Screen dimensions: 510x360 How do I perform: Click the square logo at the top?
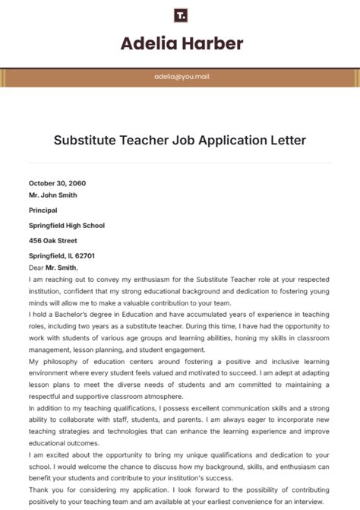pyautogui.click(x=180, y=15)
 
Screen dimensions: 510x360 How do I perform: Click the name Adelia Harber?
pyautogui.click(x=181, y=43)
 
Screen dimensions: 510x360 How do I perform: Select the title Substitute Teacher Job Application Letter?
pyautogui.click(x=180, y=140)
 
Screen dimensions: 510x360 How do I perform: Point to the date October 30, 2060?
pyautogui.click(x=57, y=183)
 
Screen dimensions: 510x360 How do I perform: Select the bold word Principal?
pyautogui.click(x=43, y=210)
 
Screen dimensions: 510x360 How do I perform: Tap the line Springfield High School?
pyautogui.click(x=67, y=225)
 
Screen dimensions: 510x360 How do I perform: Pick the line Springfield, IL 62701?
pyautogui.click(x=62, y=256)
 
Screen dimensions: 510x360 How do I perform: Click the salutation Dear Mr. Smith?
pyautogui.click(x=53, y=267)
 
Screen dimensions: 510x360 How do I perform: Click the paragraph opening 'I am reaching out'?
pyautogui.click(x=180, y=290)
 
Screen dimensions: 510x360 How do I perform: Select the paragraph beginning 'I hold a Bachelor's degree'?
pyautogui.click(x=180, y=335)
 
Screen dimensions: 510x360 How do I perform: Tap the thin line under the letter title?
pyautogui.click(x=180, y=162)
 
